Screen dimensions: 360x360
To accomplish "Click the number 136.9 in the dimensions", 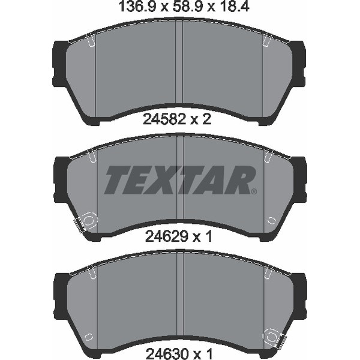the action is pyautogui.click(x=137, y=7).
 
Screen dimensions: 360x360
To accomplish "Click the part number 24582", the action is pyautogui.click(x=164, y=119).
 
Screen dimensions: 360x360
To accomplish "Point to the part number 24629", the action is pyautogui.click(x=166, y=236).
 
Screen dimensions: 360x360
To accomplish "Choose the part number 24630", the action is pyautogui.click(x=167, y=354).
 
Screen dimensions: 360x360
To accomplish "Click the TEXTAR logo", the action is pyautogui.click(x=179, y=180).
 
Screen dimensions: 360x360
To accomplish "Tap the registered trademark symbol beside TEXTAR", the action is pyautogui.click(x=254, y=191).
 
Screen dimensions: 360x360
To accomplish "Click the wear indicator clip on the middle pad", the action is pyautogui.click(x=85, y=221).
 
